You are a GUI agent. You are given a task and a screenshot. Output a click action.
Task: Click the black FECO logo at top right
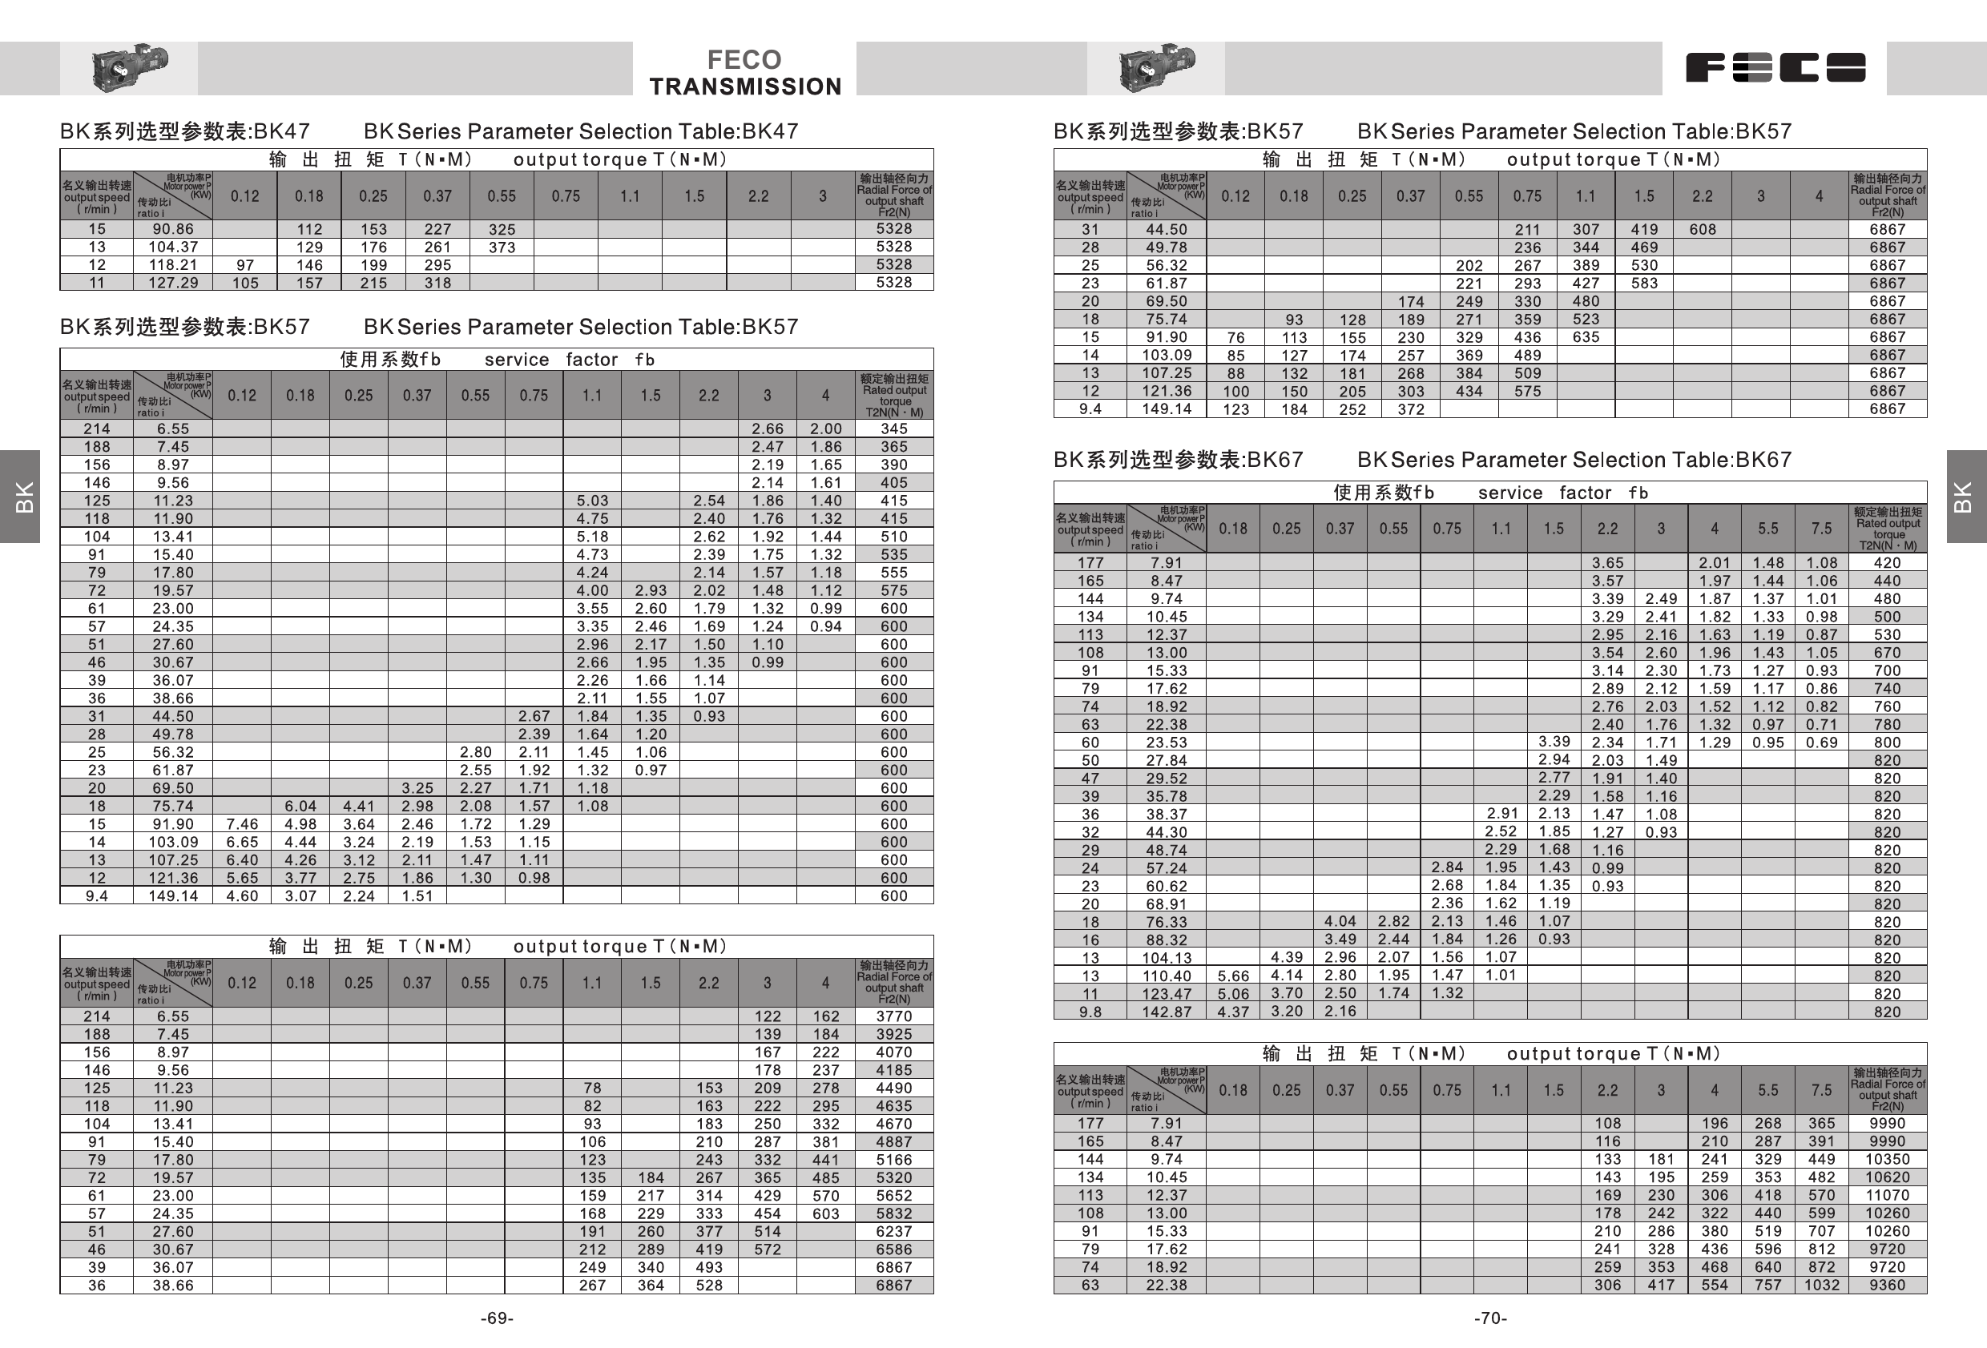[1775, 67]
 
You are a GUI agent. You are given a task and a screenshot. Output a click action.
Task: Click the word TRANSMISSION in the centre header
[744, 87]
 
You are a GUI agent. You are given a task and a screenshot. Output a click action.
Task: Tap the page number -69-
[497, 1318]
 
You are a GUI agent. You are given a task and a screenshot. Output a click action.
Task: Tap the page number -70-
[1490, 1318]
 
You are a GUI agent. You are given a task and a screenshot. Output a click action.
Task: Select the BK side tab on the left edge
[21, 497]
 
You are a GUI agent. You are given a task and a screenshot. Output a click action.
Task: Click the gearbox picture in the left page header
[129, 67]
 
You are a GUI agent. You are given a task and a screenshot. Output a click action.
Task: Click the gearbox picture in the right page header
[1156, 67]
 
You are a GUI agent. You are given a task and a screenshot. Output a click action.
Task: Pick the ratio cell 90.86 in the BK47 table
[173, 229]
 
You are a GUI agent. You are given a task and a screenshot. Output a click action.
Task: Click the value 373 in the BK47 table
[502, 247]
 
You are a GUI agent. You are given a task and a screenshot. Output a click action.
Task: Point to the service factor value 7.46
[242, 824]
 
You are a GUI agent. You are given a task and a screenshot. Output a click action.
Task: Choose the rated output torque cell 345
[893, 429]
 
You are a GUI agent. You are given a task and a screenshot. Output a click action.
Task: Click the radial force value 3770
[893, 1016]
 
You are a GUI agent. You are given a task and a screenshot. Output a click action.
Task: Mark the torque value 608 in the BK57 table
[1703, 229]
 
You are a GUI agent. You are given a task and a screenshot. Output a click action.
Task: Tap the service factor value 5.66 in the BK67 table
[1233, 976]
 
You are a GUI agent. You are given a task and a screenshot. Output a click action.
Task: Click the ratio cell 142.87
[1167, 1012]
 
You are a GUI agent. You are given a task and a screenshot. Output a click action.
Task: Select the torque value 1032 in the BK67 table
[1821, 1285]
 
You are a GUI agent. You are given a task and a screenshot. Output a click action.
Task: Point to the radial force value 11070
[1887, 1195]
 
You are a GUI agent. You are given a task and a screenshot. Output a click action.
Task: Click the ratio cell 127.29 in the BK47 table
[173, 283]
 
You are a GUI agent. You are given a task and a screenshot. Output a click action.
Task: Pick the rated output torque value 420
[1887, 562]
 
